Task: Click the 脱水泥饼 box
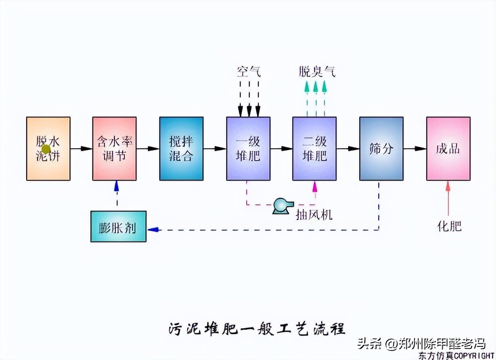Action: click(x=48, y=148)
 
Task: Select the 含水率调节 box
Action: click(x=114, y=148)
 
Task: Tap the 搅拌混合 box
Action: click(x=181, y=148)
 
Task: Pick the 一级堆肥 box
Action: click(x=248, y=148)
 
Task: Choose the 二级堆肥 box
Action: click(x=314, y=148)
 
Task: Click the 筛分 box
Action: click(x=381, y=148)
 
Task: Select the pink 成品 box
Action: click(x=448, y=148)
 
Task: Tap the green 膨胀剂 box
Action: click(x=118, y=226)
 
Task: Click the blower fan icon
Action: click(x=282, y=206)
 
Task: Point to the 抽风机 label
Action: click(x=314, y=214)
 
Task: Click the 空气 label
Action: click(x=249, y=71)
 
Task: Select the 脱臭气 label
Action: click(x=317, y=71)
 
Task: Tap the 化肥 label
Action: click(x=449, y=226)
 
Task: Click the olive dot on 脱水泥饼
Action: click(x=46, y=148)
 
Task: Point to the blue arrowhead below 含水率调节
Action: click(x=117, y=185)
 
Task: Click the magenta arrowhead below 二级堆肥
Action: click(x=315, y=185)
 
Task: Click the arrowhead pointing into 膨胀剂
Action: click(x=153, y=229)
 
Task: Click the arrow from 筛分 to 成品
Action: click(x=415, y=148)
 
